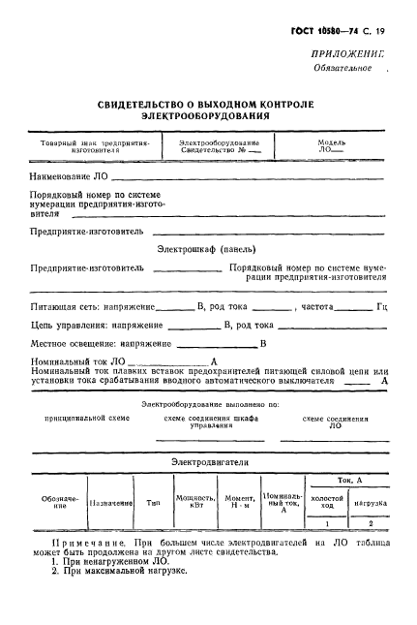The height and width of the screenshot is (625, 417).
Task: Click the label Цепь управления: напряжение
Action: pos(90,325)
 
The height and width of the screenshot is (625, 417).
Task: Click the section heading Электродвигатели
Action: pos(209,463)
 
